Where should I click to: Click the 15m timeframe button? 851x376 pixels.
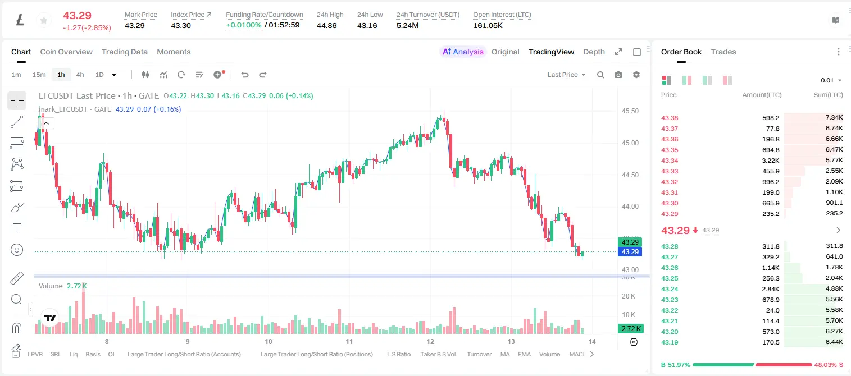coord(39,75)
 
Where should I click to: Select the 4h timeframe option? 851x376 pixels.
coord(80,75)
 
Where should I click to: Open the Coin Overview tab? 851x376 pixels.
coord(66,52)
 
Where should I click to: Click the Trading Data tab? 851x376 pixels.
coord(124,52)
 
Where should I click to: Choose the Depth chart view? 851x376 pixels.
coord(594,52)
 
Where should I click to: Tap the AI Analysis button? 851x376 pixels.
coord(463,52)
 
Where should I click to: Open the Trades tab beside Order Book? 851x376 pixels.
coord(723,52)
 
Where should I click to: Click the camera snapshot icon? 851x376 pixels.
coord(618,75)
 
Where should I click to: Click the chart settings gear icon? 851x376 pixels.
coord(636,75)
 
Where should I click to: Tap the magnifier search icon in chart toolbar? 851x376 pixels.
coord(600,75)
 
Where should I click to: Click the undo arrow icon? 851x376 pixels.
coord(245,75)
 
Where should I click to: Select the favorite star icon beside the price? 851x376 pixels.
coord(44,20)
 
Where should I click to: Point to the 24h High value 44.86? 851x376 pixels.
coord(327,25)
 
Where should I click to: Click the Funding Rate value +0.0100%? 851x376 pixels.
coord(244,25)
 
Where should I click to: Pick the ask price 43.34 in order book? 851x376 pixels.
coord(670,161)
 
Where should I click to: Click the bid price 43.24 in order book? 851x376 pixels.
coord(670,289)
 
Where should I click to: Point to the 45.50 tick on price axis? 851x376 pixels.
coord(630,111)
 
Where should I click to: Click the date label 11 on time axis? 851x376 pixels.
coord(349,341)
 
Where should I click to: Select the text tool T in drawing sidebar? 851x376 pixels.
coord(17,228)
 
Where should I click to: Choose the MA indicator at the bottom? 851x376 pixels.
coord(505,354)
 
